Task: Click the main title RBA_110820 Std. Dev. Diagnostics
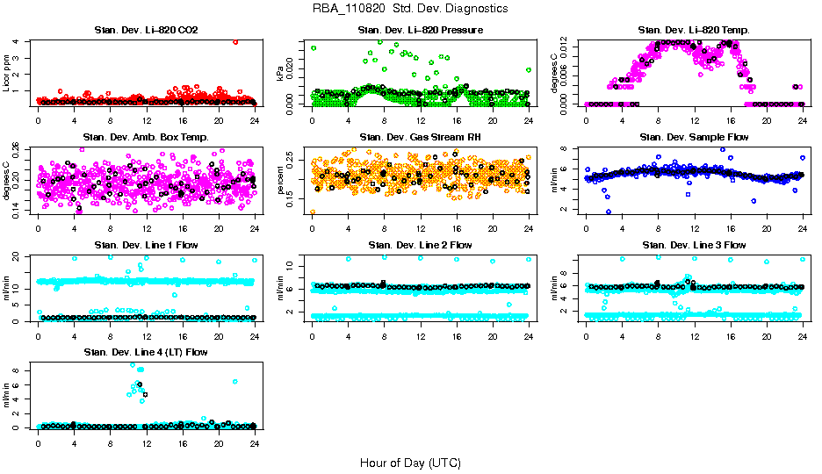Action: tap(410, 9)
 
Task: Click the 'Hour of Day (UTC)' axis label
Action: tap(410, 463)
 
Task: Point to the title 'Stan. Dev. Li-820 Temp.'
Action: tap(695, 31)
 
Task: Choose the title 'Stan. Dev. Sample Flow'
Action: tap(695, 138)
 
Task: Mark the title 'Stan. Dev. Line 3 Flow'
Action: tap(695, 245)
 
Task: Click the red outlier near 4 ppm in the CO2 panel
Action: tap(235, 41)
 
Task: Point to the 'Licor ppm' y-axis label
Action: tap(7, 72)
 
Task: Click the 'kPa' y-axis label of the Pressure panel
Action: tap(281, 72)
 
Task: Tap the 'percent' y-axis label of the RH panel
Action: tap(281, 179)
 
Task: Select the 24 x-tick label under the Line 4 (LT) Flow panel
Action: tap(255, 444)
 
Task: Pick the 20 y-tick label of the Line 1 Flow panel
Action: tap(18, 256)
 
